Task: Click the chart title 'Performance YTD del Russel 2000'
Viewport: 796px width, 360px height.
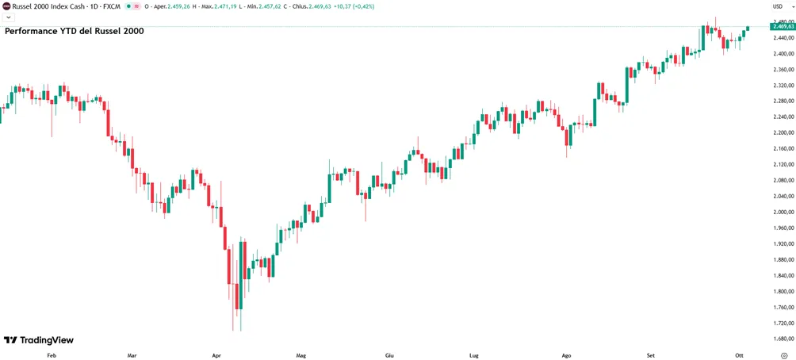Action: click(x=74, y=31)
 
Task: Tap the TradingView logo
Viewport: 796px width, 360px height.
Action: click(x=39, y=339)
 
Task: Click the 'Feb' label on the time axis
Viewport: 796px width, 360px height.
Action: click(x=51, y=355)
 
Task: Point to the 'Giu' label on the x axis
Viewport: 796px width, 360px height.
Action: click(x=389, y=355)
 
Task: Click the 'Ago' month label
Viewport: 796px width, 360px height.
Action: click(x=567, y=355)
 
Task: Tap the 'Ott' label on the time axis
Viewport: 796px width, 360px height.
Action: click(x=739, y=355)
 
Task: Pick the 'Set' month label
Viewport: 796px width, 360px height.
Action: click(x=652, y=355)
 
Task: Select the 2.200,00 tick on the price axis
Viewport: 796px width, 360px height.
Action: click(x=782, y=133)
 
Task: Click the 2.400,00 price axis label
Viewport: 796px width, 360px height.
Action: click(x=782, y=54)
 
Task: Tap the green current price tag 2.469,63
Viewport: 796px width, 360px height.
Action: click(x=783, y=26)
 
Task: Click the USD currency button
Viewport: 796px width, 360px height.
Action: click(x=777, y=6)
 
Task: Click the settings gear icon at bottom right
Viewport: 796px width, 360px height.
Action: click(x=783, y=355)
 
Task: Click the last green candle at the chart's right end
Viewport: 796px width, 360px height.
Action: click(x=748, y=29)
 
